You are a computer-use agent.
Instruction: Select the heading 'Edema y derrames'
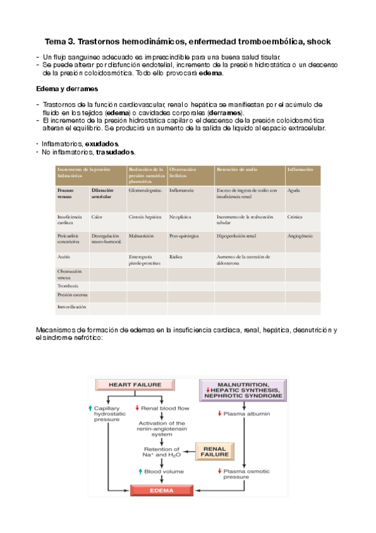[x=66, y=89]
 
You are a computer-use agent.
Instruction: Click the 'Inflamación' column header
[x=299, y=170]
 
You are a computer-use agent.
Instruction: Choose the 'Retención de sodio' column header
[x=237, y=170]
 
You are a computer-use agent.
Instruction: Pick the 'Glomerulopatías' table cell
[x=146, y=190]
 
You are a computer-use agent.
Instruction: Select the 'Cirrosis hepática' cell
[x=146, y=217]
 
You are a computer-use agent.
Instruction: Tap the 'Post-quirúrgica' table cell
[x=184, y=236]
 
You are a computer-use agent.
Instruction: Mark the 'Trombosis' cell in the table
[x=68, y=286]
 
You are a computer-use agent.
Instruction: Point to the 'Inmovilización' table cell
[x=72, y=307]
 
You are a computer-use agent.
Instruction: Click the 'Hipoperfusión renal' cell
[x=236, y=236]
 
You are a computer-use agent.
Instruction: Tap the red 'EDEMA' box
[x=159, y=490]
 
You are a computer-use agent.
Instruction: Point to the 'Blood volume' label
[x=163, y=470]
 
